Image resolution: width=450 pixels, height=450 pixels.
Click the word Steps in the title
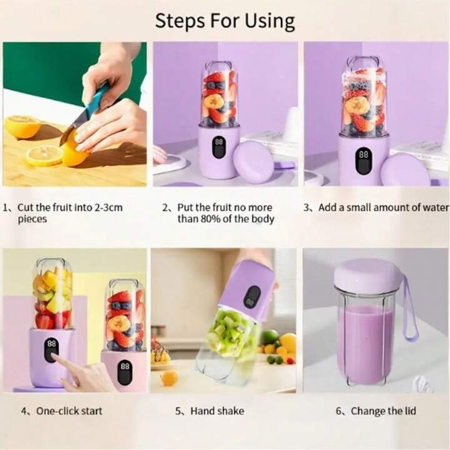pos(180,21)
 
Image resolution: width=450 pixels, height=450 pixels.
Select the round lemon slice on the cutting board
pos(44,155)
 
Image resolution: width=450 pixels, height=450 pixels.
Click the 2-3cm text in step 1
pos(109,207)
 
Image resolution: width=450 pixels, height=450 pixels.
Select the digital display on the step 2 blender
pos(219,147)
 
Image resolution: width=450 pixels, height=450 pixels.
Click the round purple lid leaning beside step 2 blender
pos(253,162)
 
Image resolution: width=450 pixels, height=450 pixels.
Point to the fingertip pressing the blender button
pos(53,356)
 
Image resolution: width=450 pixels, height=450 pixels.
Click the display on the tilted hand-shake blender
pos(252,296)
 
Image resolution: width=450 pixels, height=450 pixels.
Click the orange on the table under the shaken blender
pos(169,378)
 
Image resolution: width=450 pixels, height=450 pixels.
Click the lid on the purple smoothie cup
pos(366,274)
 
